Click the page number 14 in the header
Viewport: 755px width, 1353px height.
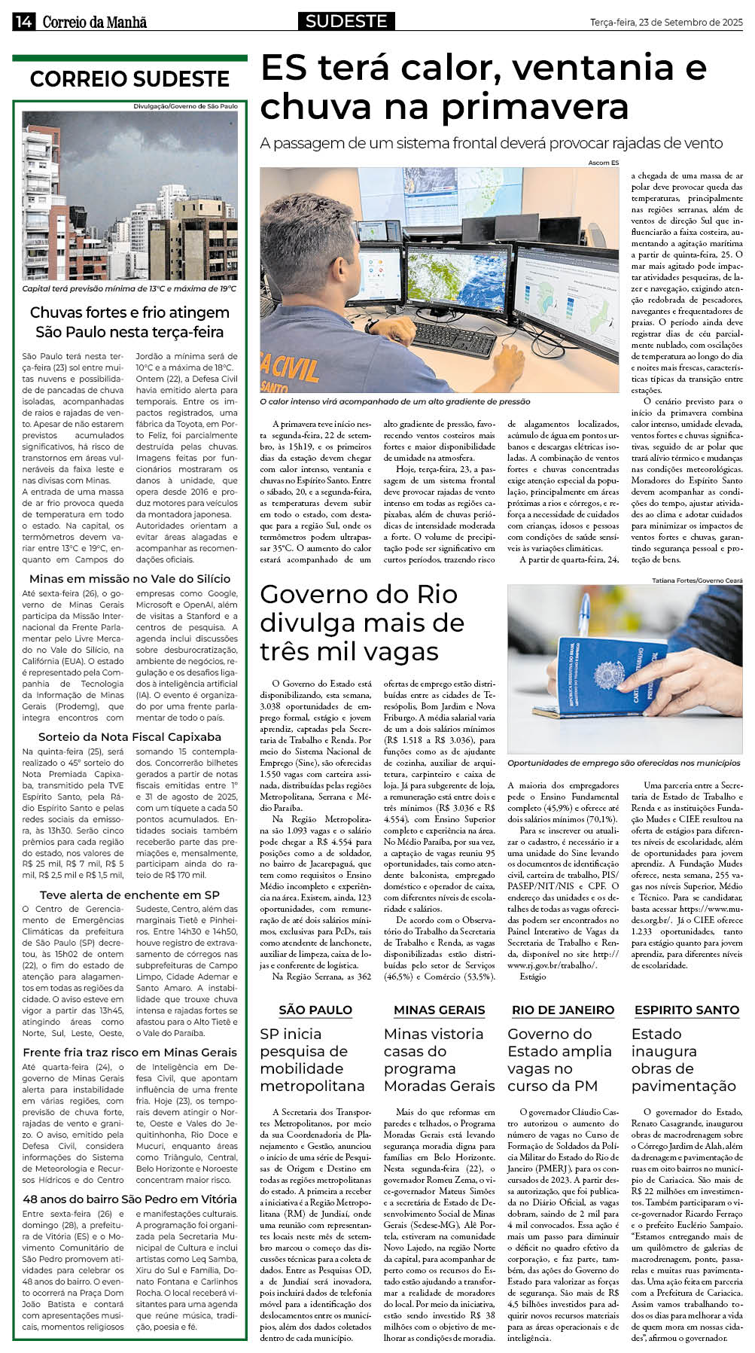point(23,23)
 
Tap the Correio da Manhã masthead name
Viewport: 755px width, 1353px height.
point(94,23)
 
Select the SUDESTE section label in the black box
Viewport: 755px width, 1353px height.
point(346,22)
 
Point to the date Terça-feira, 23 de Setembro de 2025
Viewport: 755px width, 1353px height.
point(666,23)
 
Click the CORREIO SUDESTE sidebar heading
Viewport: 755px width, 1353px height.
point(129,79)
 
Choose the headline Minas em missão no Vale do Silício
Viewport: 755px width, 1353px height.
point(129,578)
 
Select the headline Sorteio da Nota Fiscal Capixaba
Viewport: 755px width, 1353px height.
point(129,736)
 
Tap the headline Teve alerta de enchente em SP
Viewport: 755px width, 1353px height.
point(129,894)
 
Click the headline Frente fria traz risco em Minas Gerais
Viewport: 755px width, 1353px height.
point(129,1052)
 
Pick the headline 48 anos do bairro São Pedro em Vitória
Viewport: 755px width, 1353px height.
point(129,1199)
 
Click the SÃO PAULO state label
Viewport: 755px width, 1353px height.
point(315,1010)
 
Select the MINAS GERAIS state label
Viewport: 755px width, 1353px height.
point(439,1010)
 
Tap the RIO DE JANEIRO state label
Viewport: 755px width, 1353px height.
point(563,1010)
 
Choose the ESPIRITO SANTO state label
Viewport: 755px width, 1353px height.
point(687,1010)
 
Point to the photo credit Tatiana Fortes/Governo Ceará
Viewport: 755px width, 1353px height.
point(698,581)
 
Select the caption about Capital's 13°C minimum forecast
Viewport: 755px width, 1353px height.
point(129,288)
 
